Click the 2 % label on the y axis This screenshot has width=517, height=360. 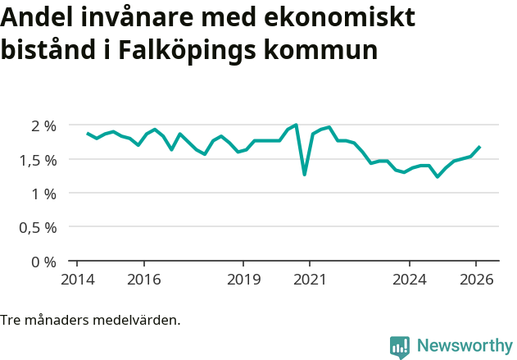(x=43, y=125)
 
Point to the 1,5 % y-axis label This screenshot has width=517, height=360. (x=38, y=160)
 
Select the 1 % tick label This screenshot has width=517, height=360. (x=43, y=194)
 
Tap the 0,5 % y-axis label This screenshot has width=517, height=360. (x=38, y=228)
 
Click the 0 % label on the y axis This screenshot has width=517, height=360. (x=43, y=262)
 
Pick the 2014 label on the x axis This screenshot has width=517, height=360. (x=76, y=279)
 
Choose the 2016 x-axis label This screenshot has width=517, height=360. (x=143, y=279)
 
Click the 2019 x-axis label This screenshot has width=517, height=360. (x=243, y=279)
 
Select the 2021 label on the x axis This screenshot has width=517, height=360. (x=310, y=279)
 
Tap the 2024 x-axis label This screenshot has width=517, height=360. (x=410, y=279)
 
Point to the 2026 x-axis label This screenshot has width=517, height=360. (x=477, y=279)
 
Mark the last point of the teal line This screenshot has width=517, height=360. (x=480, y=147)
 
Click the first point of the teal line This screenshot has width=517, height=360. (x=88, y=133)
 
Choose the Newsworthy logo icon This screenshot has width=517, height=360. (x=400, y=346)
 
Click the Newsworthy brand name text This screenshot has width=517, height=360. (x=465, y=346)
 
